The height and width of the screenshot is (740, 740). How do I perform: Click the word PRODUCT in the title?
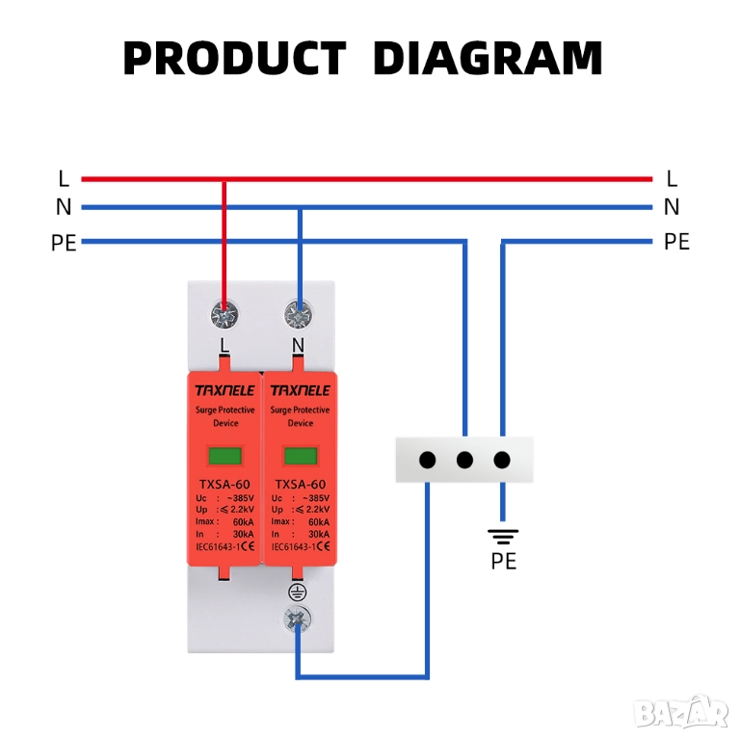(234, 58)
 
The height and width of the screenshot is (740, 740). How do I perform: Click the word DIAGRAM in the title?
(488, 58)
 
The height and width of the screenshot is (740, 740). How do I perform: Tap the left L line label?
(64, 178)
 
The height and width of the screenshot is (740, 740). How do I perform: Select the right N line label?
(672, 207)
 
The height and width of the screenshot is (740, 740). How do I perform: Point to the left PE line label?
(64, 242)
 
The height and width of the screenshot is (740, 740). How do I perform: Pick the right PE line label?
(676, 242)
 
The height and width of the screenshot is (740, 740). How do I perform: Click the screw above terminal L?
(225, 313)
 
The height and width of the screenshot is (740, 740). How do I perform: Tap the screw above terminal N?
(299, 313)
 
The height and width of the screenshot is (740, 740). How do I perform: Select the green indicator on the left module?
(225, 457)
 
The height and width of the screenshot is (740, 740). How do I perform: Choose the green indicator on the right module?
(300, 457)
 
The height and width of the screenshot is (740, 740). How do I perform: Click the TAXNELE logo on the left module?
(225, 390)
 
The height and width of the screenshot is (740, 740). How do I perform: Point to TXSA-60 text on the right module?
(300, 485)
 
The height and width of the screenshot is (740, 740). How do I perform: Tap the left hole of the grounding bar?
(428, 460)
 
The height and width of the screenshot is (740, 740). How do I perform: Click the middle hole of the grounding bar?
(464, 460)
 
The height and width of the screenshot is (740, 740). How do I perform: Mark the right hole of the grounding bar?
(502, 460)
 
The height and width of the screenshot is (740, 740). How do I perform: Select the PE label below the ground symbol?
(503, 561)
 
